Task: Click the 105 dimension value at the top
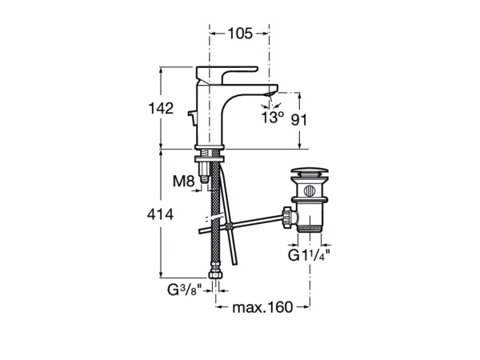coord(240,34)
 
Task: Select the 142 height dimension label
coord(161,108)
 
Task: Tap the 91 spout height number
coord(298,120)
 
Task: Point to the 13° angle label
coord(273,118)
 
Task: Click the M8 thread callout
coord(184,182)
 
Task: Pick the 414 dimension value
coord(160,214)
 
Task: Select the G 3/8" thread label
coord(185,290)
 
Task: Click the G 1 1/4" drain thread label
coord(309,255)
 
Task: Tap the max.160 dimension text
coord(262,307)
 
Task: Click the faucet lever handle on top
coord(226,74)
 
